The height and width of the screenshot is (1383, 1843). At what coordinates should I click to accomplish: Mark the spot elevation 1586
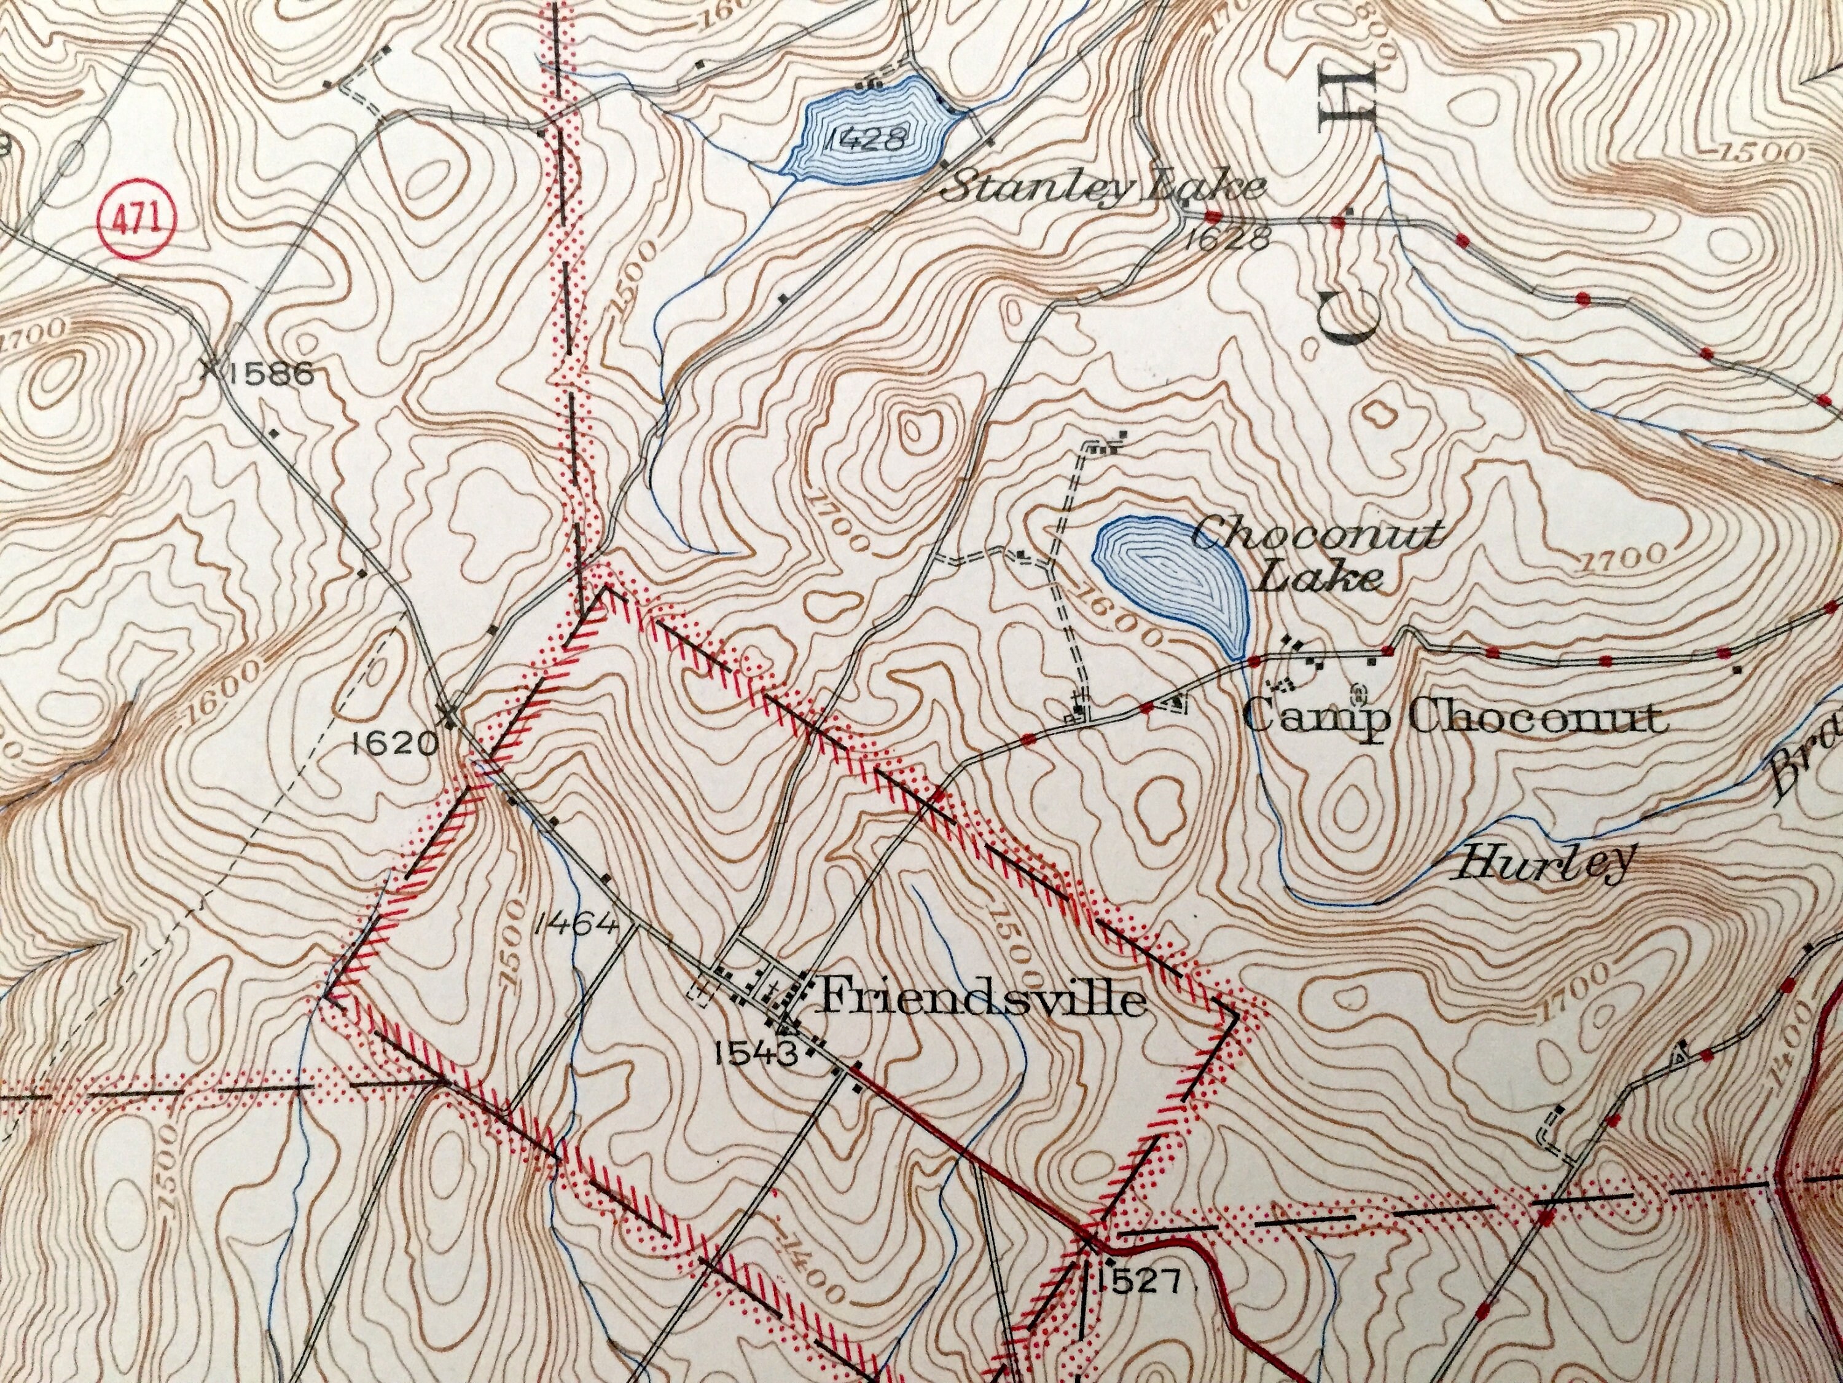(x=271, y=374)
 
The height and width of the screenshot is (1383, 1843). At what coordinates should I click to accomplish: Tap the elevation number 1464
(x=578, y=924)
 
